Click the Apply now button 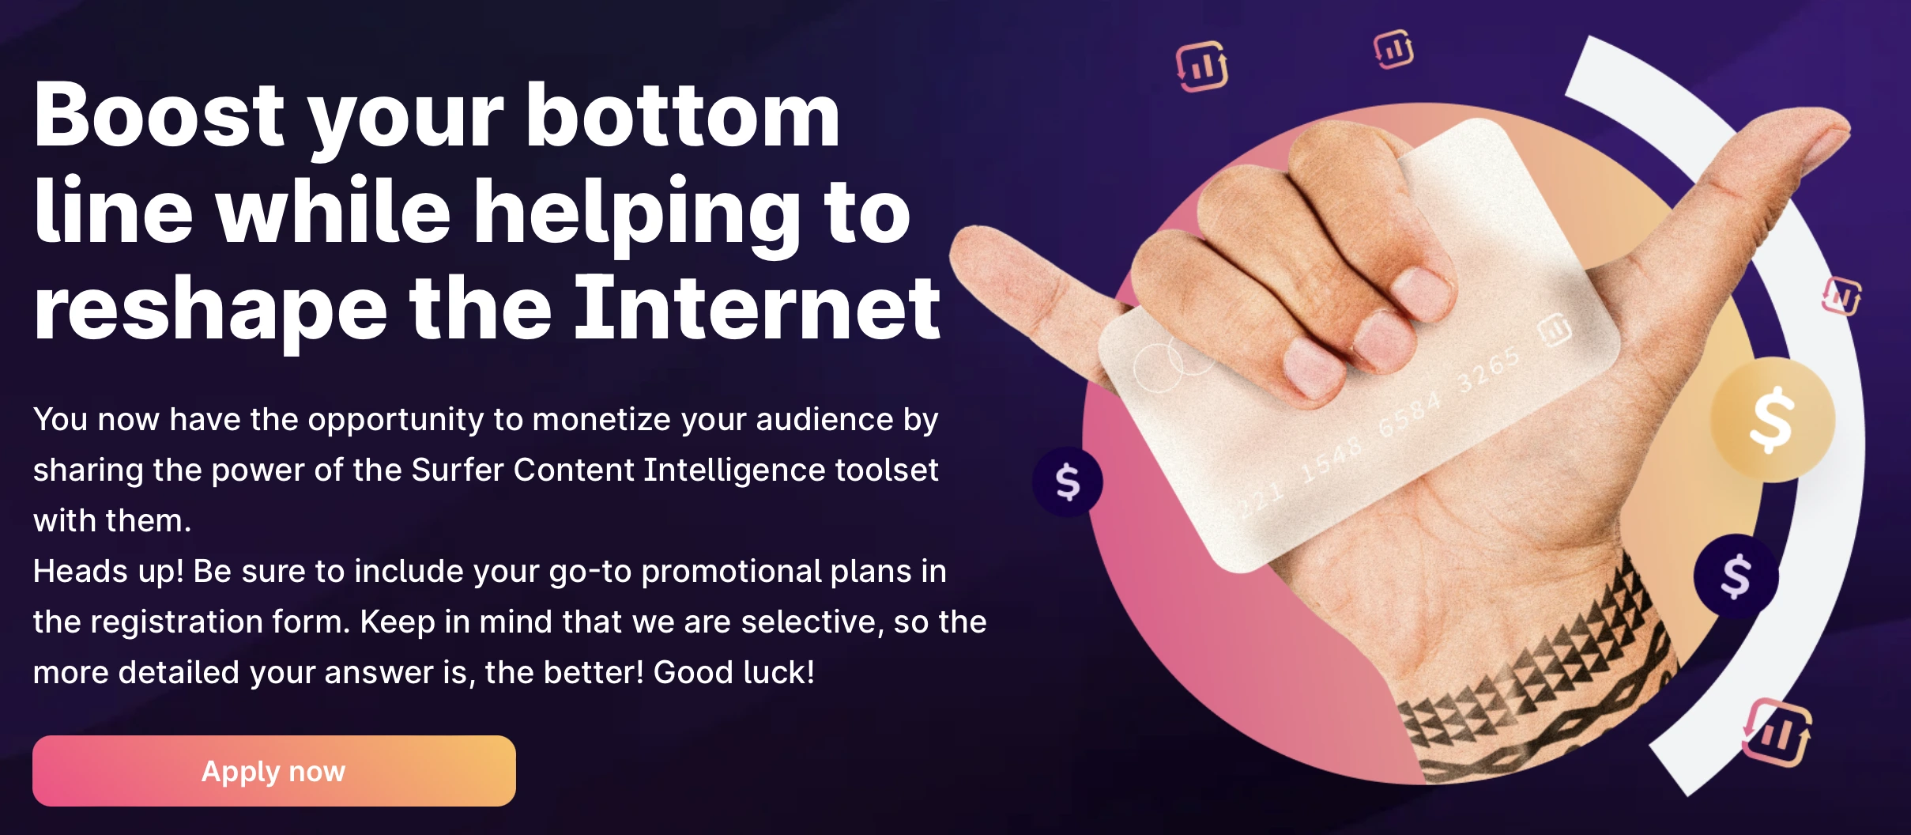(273, 771)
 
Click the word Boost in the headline (158, 116)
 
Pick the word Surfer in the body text (458, 470)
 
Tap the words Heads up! (108, 572)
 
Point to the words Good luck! (733, 673)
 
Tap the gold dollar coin (1772, 420)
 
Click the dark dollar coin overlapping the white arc (1736, 576)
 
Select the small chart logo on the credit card (1555, 330)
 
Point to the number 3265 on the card (1487, 370)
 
